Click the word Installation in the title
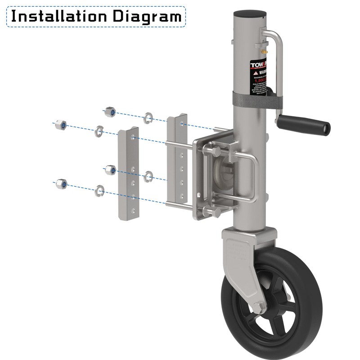point(58,17)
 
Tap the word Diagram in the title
point(147,17)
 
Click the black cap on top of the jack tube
point(249,13)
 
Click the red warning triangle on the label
point(255,72)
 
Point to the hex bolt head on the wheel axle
point(259,308)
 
